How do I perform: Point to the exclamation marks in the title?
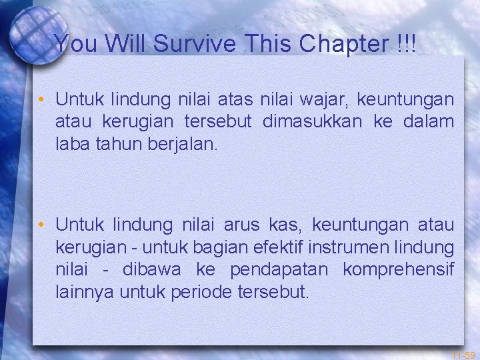[x=405, y=44]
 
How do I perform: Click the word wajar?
[x=326, y=100]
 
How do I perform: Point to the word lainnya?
[x=82, y=291]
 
